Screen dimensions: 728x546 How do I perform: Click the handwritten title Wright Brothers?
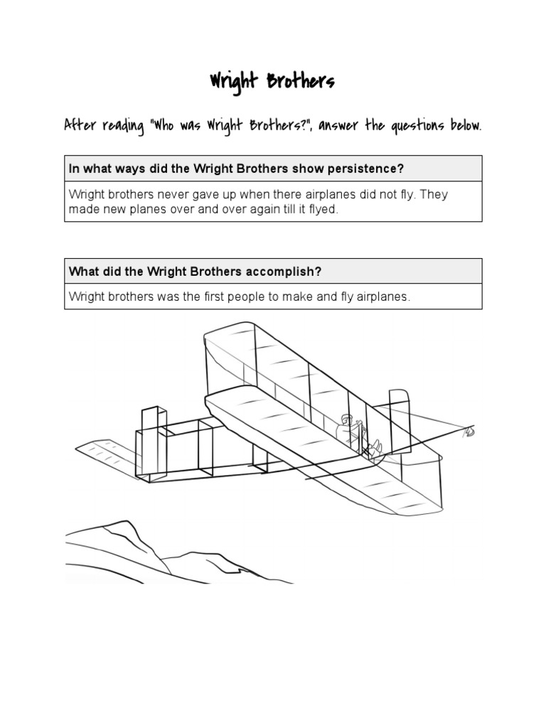point(272,82)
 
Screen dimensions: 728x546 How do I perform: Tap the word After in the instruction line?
point(80,125)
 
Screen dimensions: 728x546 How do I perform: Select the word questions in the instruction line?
point(418,125)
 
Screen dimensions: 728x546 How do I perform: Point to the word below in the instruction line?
point(465,125)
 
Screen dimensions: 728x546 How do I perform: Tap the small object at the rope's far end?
point(469,431)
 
